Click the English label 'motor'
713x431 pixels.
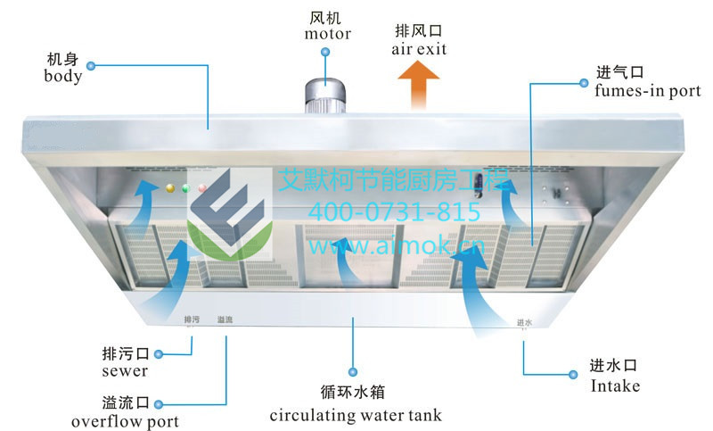click(327, 35)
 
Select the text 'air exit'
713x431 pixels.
click(418, 48)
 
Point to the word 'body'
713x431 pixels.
click(62, 76)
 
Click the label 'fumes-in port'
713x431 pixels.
click(646, 90)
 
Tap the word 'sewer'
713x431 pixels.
click(125, 369)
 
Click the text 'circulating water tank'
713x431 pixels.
click(356, 415)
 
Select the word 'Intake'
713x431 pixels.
click(615, 385)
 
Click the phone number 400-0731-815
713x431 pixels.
click(394, 212)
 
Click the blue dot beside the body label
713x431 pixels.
click(89, 65)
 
